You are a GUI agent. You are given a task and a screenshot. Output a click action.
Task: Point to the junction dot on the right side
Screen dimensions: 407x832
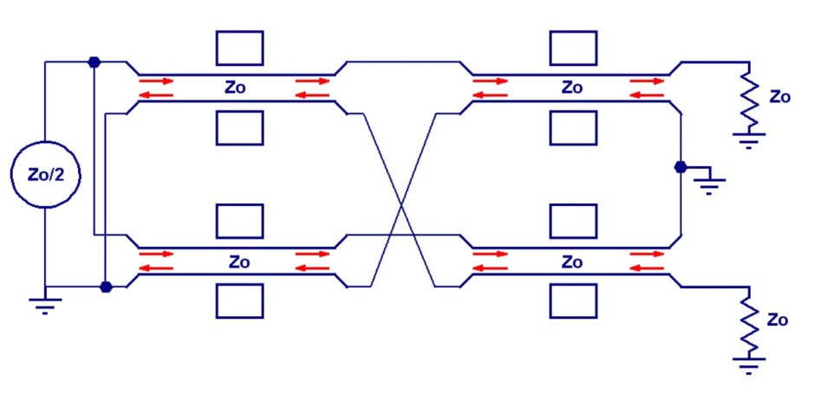pyautogui.click(x=681, y=166)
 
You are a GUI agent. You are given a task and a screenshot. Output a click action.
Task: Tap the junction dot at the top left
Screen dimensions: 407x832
pyautogui.click(x=94, y=61)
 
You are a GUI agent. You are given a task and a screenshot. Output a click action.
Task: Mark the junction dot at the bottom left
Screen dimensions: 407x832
pyautogui.click(x=105, y=287)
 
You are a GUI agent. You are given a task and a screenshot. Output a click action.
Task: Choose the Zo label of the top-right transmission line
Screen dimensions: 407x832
pyautogui.click(x=572, y=87)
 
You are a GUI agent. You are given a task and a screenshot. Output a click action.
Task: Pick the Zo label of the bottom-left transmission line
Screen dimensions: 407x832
pyautogui.click(x=239, y=261)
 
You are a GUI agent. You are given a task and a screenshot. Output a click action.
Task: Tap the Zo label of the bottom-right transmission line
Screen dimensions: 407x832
pyautogui.click(x=572, y=261)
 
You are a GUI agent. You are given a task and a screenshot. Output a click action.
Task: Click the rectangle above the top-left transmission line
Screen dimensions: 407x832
pyautogui.click(x=239, y=48)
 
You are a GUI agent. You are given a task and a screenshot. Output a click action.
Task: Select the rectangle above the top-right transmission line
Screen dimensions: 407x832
pyautogui.click(x=573, y=48)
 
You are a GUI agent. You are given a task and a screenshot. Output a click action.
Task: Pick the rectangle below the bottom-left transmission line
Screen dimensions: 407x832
pyautogui.click(x=239, y=300)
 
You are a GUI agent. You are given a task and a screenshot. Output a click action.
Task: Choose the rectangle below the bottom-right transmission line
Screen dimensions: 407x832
pyautogui.click(x=573, y=300)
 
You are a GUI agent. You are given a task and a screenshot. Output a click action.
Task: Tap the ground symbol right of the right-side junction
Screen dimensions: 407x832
pyautogui.click(x=710, y=184)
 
